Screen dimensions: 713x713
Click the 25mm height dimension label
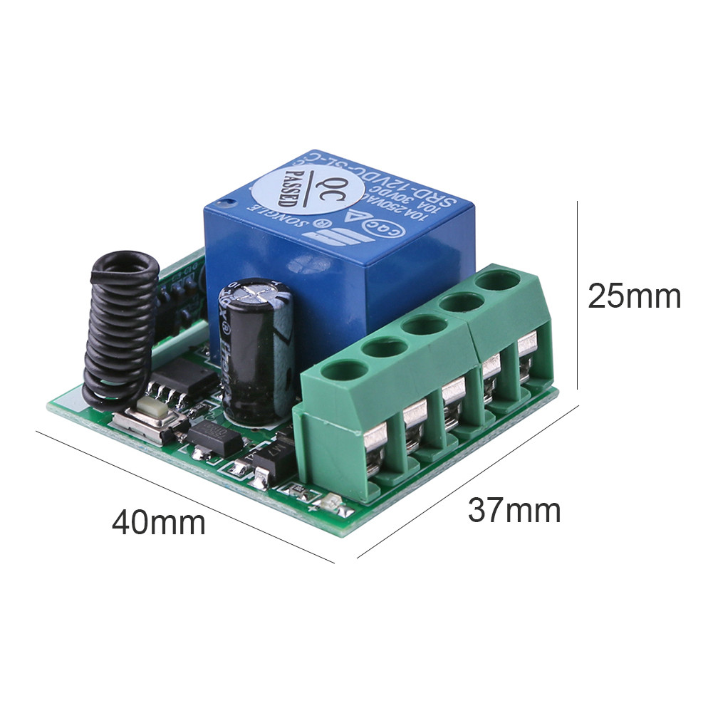tap(634, 296)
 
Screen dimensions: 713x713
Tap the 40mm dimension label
tap(158, 523)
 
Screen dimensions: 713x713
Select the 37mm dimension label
tap(514, 510)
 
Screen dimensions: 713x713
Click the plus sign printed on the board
tap(312, 509)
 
